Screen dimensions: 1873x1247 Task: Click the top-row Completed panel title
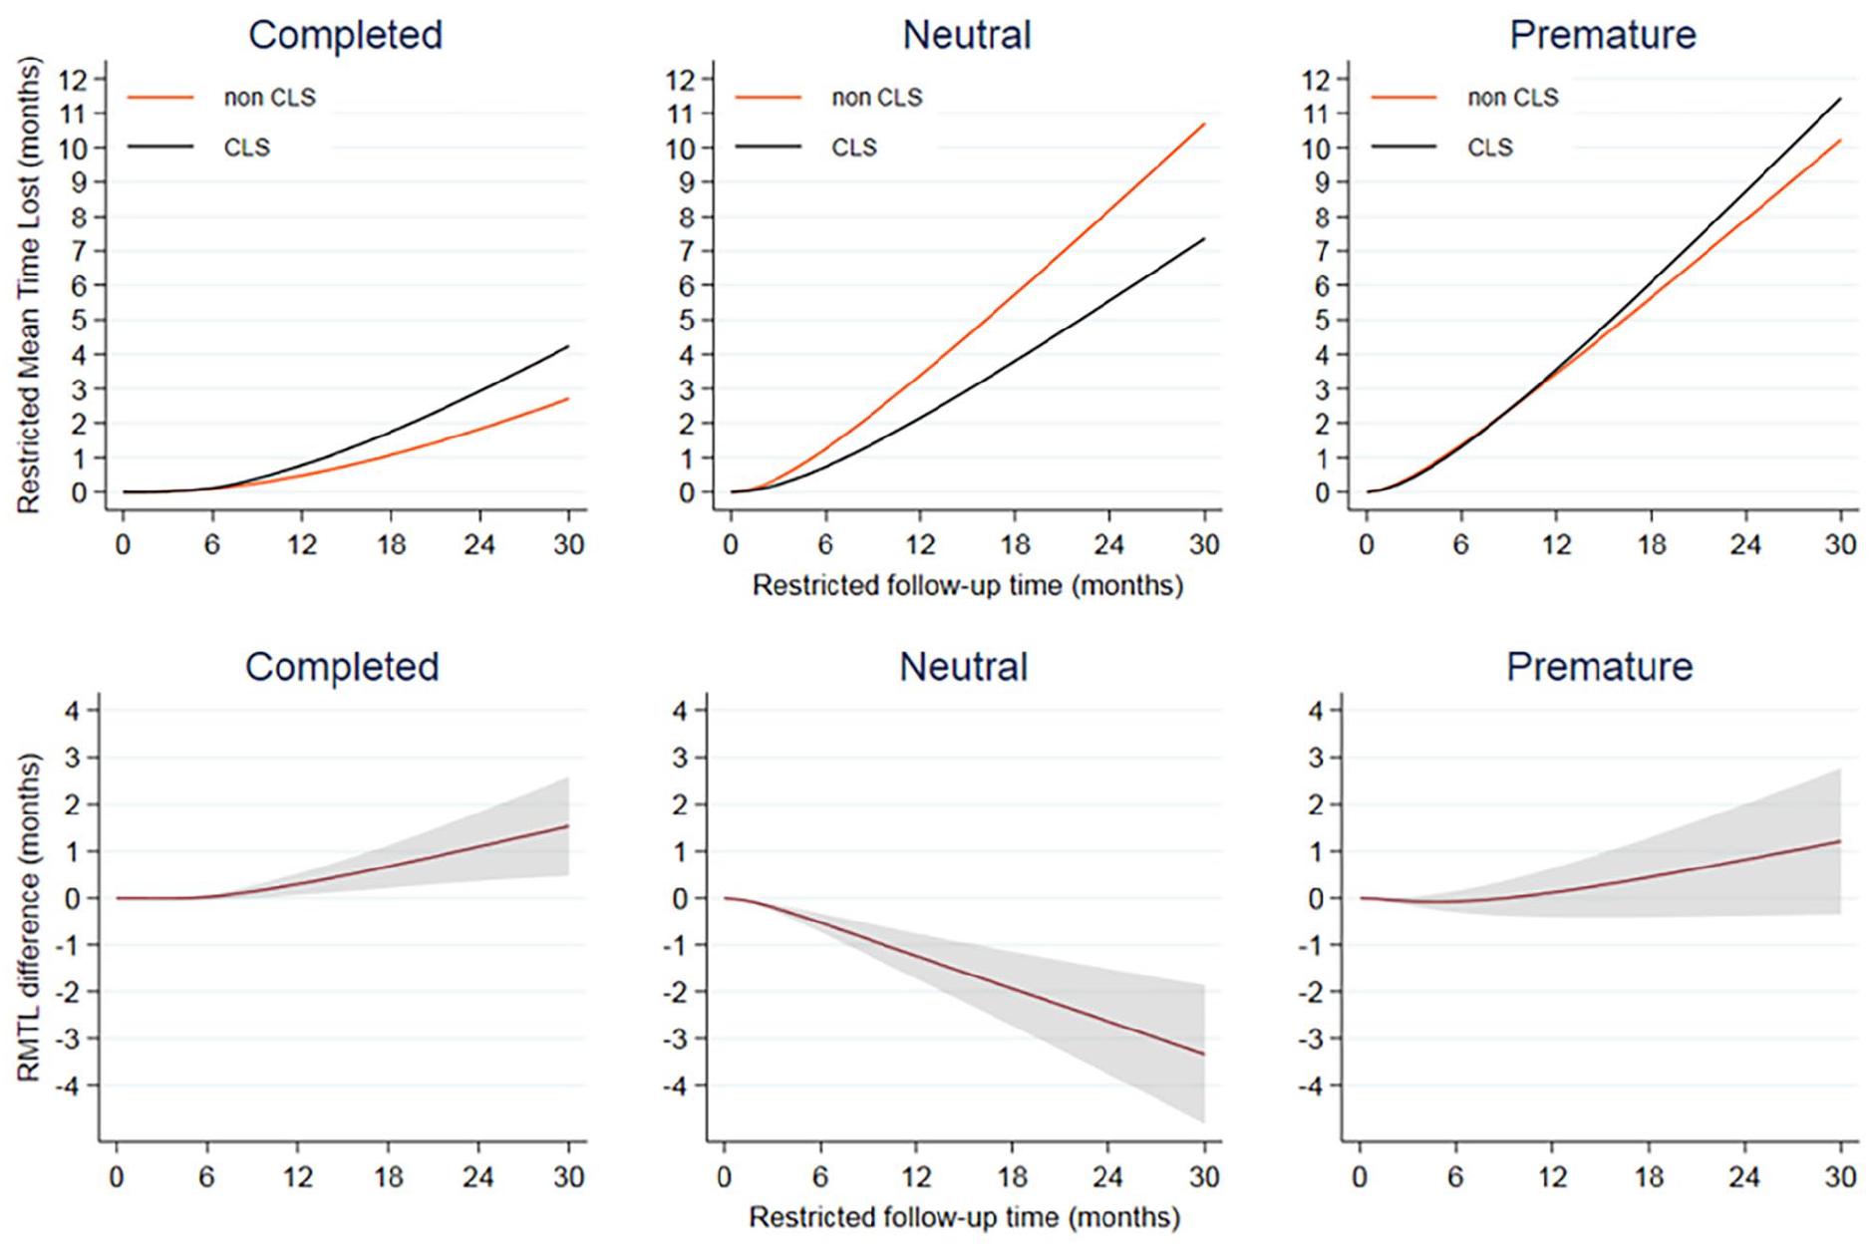click(x=345, y=35)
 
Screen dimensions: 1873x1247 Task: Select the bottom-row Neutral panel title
click(x=963, y=667)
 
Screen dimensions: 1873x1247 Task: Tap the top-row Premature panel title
click(x=1602, y=35)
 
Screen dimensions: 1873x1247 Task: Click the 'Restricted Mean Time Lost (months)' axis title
click(x=29, y=285)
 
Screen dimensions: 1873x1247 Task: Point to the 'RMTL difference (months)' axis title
click(x=29, y=917)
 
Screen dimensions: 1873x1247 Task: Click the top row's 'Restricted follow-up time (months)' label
click(x=967, y=585)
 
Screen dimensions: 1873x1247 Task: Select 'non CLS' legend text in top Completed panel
click(x=269, y=98)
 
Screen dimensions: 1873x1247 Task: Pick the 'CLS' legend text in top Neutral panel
click(x=854, y=148)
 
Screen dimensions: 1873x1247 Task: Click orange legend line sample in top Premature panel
click(x=1404, y=98)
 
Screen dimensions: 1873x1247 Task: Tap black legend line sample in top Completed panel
click(x=160, y=148)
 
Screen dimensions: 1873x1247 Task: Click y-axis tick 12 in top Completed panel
click(x=74, y=79)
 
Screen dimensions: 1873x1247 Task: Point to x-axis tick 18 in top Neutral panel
click(x=1015, y=544)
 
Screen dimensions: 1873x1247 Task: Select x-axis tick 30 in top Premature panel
click(x=1840, y=544)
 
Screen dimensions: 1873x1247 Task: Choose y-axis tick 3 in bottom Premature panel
click(x=1317, y=758)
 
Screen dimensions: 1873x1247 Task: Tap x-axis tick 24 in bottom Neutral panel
click(x=1107, y=1177)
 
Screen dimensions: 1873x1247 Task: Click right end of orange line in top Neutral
click(x=1204, y=125)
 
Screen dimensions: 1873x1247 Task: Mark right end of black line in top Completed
click(x=568, y=347)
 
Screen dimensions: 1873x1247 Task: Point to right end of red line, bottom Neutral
click(x=1204, y=1054)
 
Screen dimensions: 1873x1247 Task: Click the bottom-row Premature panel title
click(x=1599, y=667)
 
